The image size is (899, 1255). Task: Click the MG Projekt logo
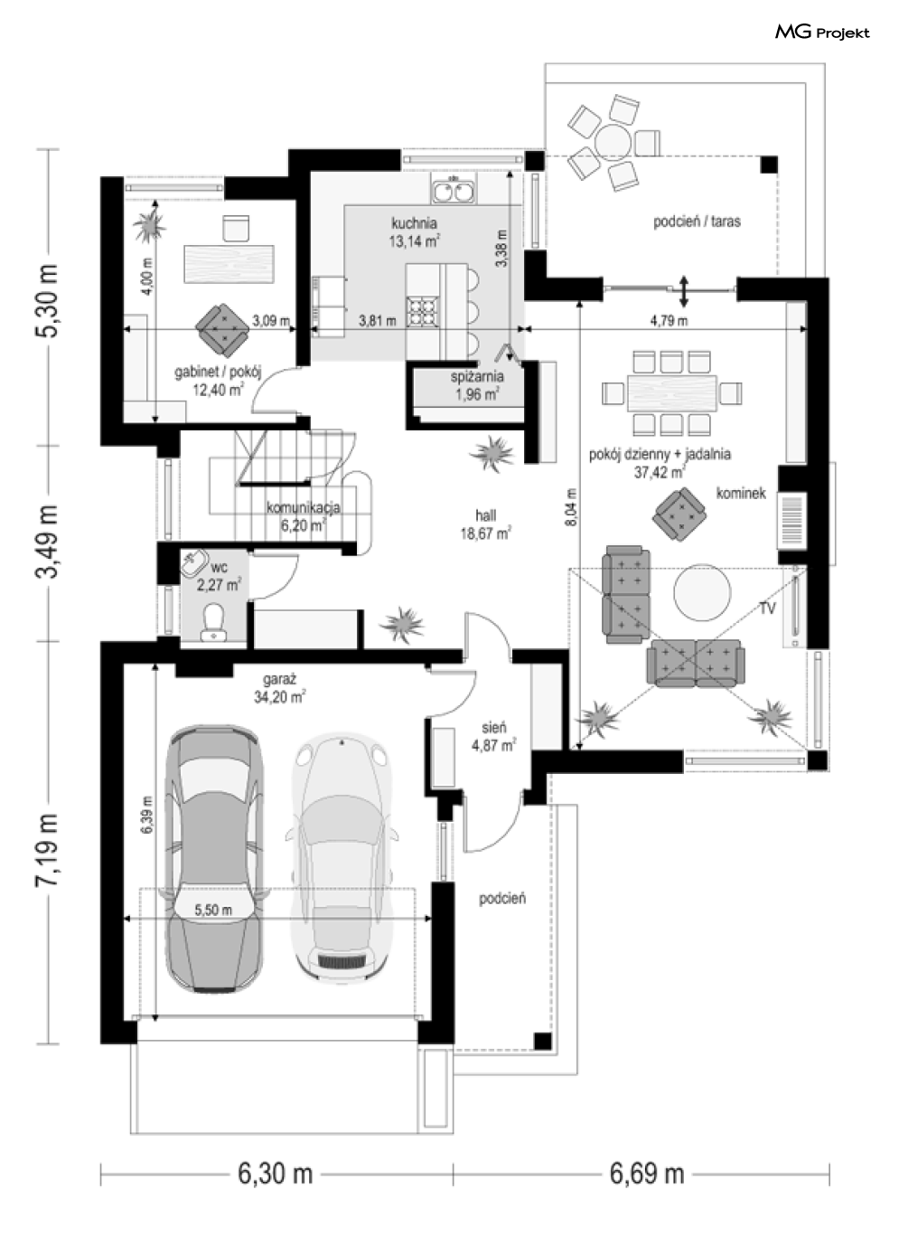[822, 33]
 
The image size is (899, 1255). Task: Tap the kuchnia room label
[414, 223]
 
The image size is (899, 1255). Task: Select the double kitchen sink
[454, 188]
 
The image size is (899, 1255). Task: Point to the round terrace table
[614, 142]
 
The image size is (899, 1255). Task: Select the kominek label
[741, 494]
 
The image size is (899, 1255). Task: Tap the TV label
[767, 608]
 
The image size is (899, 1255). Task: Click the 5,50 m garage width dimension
[213, 910]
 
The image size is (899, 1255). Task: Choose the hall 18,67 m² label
[485, 524]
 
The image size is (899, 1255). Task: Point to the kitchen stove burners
[421, 312]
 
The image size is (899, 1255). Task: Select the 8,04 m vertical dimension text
[571, 507]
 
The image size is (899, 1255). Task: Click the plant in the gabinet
[150, 225]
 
